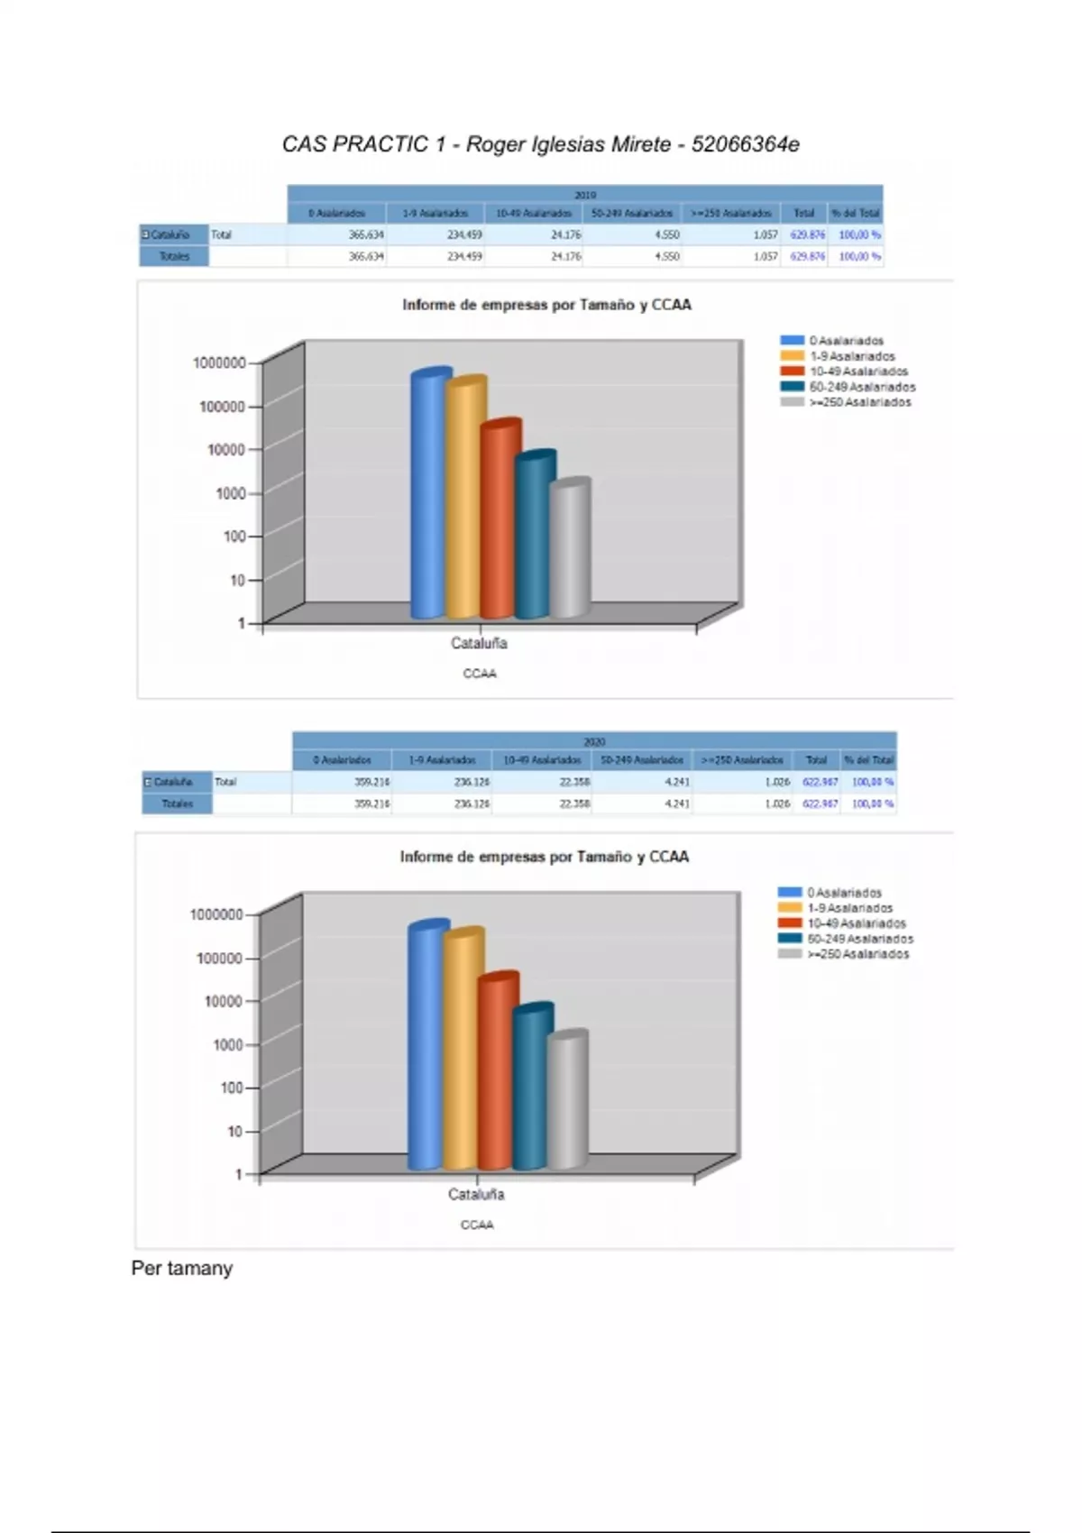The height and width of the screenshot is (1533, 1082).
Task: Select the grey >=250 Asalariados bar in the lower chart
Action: (568, 1100)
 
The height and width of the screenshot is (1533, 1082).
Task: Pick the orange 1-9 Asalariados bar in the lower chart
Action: (462, 1051)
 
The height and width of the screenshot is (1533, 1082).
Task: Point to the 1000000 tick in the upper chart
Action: (219, 363)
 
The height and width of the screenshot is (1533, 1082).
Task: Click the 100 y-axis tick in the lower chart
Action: (233, 1088)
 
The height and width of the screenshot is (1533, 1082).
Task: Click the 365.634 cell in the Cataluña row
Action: (366, 234)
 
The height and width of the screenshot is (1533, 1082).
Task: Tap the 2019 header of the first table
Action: (585, 195)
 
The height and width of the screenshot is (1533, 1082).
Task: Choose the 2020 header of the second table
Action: (594, 741)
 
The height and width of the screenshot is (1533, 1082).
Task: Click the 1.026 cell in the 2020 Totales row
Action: (777, 803)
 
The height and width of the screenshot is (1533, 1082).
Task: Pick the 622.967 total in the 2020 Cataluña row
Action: (820, 782)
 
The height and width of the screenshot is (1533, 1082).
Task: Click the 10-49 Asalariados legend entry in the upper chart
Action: (857, 372)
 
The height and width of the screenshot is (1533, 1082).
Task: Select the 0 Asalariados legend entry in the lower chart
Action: (844, 893)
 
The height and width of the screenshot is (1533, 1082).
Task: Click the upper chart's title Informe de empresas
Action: (546, 305)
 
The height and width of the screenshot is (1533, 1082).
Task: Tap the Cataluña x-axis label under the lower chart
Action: (476, 1194)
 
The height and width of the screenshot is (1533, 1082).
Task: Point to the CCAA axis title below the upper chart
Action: (480, 674)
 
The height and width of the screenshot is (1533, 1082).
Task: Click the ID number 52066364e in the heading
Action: (745, 144)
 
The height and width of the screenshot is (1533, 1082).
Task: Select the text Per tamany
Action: (182, 1268)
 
